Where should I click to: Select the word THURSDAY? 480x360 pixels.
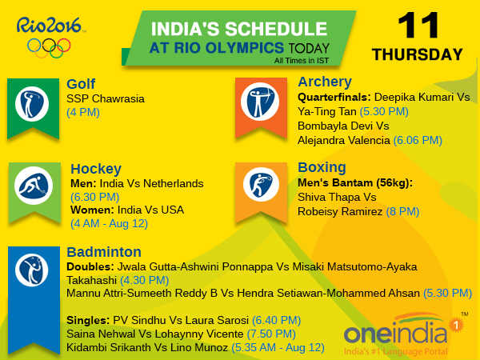click(x=417, y=55)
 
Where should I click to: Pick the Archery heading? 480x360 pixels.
click(x=325, y=82)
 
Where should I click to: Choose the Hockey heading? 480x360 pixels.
click(x=96, y=168)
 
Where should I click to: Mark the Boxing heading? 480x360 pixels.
click(x=322, y=167)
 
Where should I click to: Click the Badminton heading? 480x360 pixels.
click(x=105, y=251)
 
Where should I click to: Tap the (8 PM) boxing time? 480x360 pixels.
click(x=402, y=211)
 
